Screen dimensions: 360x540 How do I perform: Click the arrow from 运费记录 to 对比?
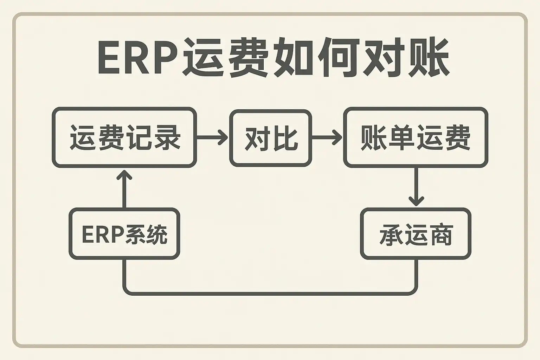click(x=212, y=137)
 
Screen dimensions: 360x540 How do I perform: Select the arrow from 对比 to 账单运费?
click(x=327, y=137)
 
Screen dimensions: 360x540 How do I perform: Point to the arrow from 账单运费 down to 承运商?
click(x=416, y=186)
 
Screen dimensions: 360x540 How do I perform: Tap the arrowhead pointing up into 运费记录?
click(x=124, y=175)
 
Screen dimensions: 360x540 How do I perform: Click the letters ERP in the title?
click(x=137, y=58)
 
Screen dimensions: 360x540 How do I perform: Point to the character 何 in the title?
click(x=339, y=58)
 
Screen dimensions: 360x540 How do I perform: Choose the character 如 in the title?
click(x=294, y=58)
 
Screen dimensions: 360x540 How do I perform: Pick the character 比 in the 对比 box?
click(x=285, y=138)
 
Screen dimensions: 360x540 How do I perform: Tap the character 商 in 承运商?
click(x=440, y=234)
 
